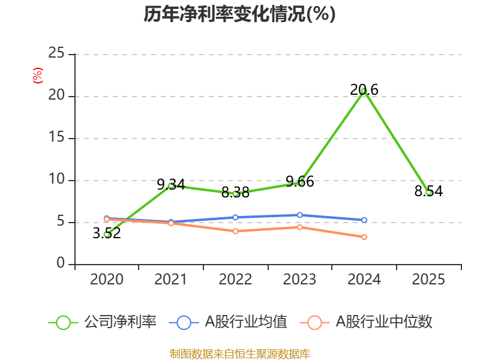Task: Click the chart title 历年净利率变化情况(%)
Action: point(239,14)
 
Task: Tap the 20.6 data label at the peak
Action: point(364,90)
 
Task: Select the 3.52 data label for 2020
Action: point(107,233)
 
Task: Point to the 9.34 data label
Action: point(171,185)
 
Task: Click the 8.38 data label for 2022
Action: point(235,193)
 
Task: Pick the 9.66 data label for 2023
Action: point(300,182)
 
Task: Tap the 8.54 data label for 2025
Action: point(428,191)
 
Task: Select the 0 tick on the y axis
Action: point(61,264)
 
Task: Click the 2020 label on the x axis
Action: point(107,280)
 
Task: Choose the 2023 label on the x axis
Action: point(300,280)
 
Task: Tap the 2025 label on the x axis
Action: point(428,280)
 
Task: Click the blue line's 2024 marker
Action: point(364,220)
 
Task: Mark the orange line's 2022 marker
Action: point(235,231)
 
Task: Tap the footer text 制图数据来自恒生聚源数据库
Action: point(239,354)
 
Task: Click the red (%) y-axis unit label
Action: point(38,76)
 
